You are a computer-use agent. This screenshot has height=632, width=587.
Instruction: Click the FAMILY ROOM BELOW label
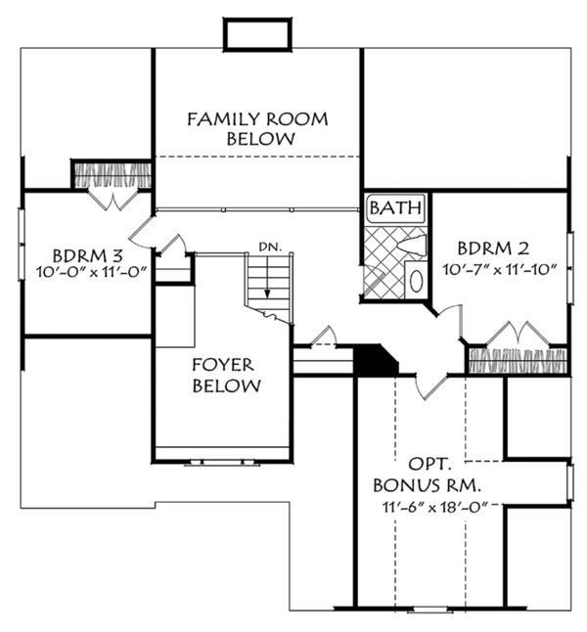(257, 129)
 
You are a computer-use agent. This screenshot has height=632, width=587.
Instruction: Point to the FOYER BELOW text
(226, 376)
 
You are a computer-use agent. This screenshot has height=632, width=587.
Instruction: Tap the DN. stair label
(270, 246)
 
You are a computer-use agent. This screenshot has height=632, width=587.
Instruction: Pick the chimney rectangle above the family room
(257, 33)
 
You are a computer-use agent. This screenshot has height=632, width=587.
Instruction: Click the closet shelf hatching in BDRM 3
(112, 176)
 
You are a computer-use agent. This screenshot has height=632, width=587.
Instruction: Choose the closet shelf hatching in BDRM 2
(517, 359)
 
